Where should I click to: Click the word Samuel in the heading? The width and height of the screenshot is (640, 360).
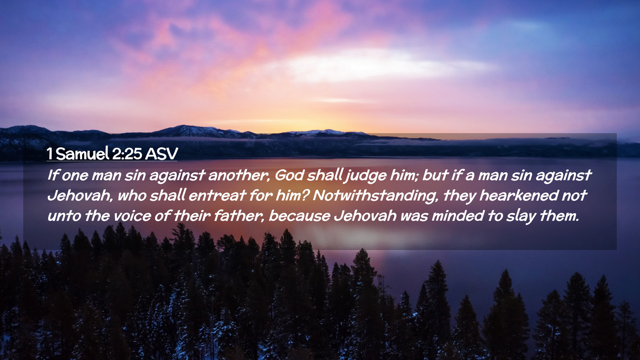click(82, 154)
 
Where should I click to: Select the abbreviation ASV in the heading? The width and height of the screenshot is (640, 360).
click(161, 154)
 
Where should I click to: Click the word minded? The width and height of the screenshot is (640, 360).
click(458, 216)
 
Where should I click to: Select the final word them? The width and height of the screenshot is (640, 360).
click(559, 216)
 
